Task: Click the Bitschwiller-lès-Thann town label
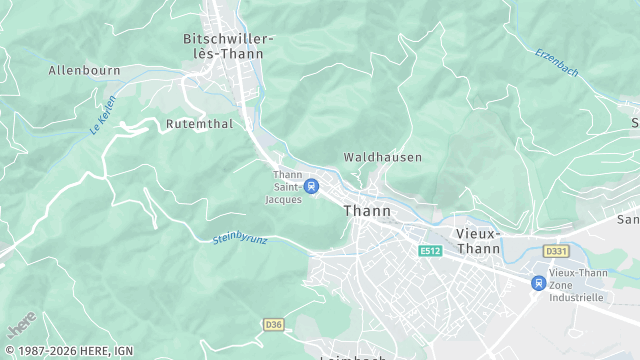(x=228, y=46)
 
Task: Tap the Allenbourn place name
(x=84, y=71)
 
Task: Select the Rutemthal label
(x=200, y=124)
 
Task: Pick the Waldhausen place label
(x=382, y=157)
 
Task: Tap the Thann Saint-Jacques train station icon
(x=311, y=185)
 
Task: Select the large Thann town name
(x=367, y=211)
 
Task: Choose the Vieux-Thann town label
(x=478, y=240)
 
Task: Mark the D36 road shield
(x=273, y=324)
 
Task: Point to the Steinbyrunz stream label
(x=241, y=239)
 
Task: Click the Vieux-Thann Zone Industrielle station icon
(x=539, y=283)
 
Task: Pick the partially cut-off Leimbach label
(x=353, y=357)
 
